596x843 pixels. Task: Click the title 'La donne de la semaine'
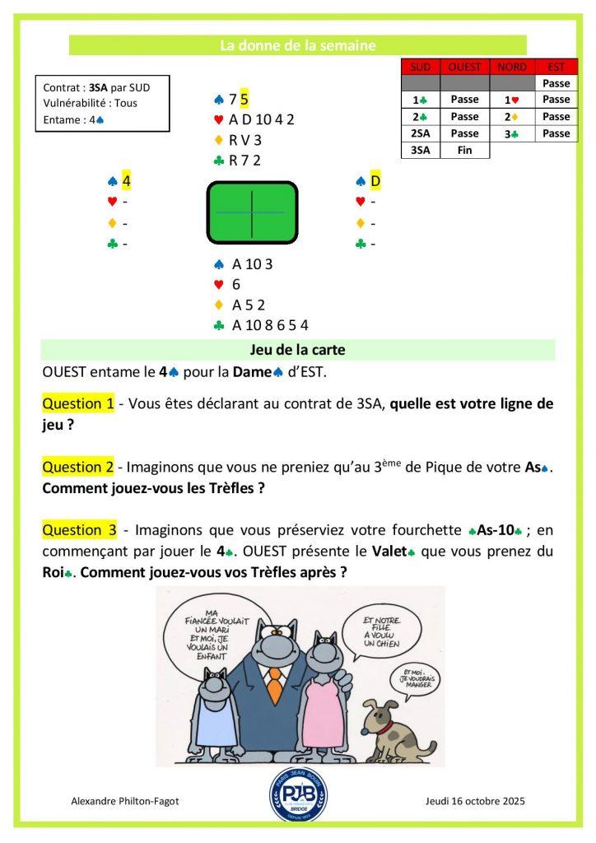click(x=297, y=46)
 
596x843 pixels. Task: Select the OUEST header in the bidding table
click(x=465, y=67)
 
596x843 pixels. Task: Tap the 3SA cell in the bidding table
click(x=420, y=150)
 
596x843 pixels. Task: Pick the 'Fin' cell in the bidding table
click(x=465, y=150)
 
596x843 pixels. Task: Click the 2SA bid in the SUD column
click(x=420, y=133)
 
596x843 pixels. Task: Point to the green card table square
click(x=251, y=212)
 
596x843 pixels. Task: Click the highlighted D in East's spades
click(x=375, y=180)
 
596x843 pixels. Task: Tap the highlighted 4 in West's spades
click(x=127, y=180)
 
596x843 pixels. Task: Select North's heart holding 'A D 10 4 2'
click(x=261, y=119)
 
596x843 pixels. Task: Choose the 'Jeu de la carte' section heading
click(x=297, y=350)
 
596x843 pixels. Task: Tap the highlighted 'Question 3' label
click(x=79, y=529)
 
